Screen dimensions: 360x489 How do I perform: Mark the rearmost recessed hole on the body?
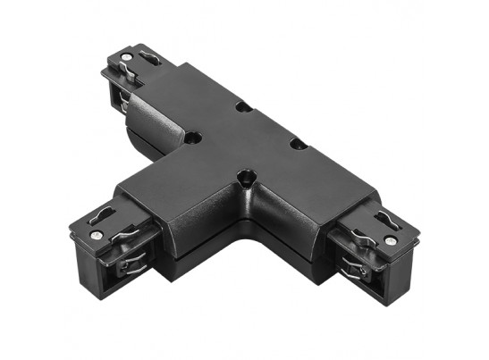242,106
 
